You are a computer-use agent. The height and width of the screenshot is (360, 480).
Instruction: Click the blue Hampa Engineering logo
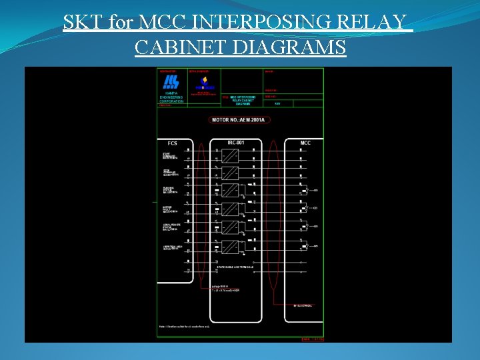[171, 82]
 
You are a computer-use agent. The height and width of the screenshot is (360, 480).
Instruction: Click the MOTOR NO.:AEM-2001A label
[240, 120]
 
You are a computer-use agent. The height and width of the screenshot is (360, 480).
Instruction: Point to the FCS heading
[172, 143]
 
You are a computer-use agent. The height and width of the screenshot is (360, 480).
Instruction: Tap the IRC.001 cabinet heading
[235, 143]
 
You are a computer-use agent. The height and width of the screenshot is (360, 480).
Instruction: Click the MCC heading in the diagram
[305, 143]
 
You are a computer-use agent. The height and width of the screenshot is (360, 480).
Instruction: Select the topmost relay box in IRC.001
[230, 156]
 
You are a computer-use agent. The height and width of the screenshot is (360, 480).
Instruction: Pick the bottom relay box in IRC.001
[230, 247]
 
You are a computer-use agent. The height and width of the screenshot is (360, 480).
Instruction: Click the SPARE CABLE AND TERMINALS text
[235, 267]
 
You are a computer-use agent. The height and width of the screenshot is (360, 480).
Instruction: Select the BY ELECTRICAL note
[303, 305]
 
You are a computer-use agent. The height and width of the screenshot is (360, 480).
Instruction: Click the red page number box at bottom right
[312, 339]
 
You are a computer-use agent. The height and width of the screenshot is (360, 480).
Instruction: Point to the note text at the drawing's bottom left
[183, 327]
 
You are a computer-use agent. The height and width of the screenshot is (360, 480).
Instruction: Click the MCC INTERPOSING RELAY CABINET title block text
[242, 100]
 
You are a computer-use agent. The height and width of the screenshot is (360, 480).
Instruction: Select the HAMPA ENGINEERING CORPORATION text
[171, 99]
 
